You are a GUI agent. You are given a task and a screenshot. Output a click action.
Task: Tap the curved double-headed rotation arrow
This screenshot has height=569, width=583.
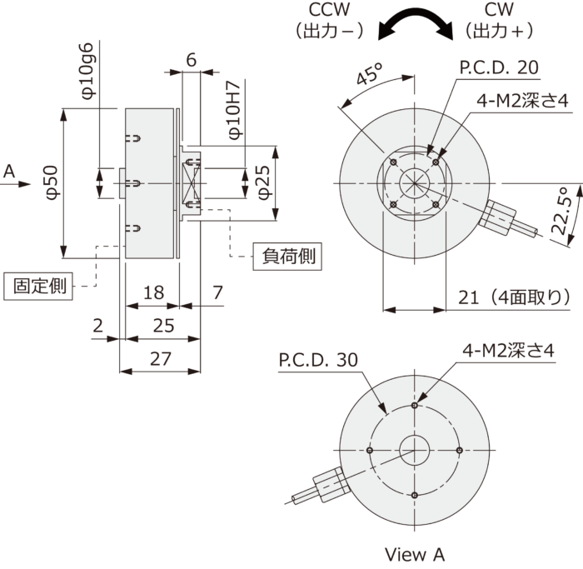click(416, 22)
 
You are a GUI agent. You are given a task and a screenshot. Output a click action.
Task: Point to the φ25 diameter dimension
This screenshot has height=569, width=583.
click(262, 182)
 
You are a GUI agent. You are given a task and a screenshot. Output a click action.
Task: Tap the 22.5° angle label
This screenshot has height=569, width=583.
click(566, 212)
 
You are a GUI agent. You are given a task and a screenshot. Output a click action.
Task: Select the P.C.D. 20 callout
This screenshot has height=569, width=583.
click(499, 67)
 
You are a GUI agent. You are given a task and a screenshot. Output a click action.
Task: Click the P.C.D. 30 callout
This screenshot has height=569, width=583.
click(317, 360)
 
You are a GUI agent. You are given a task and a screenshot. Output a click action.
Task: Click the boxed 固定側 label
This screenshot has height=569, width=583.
click(39, 286)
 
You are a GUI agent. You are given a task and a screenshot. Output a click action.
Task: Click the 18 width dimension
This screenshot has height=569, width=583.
click(152, 293)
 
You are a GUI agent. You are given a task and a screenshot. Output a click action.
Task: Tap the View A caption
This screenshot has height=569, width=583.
click(415, 554)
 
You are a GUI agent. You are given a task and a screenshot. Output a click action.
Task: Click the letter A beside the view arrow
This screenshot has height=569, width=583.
click(10, 172)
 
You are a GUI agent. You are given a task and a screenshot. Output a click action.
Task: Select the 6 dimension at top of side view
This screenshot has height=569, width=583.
click(191, 59)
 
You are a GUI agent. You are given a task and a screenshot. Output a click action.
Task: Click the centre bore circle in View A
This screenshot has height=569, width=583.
click(414, 451)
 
